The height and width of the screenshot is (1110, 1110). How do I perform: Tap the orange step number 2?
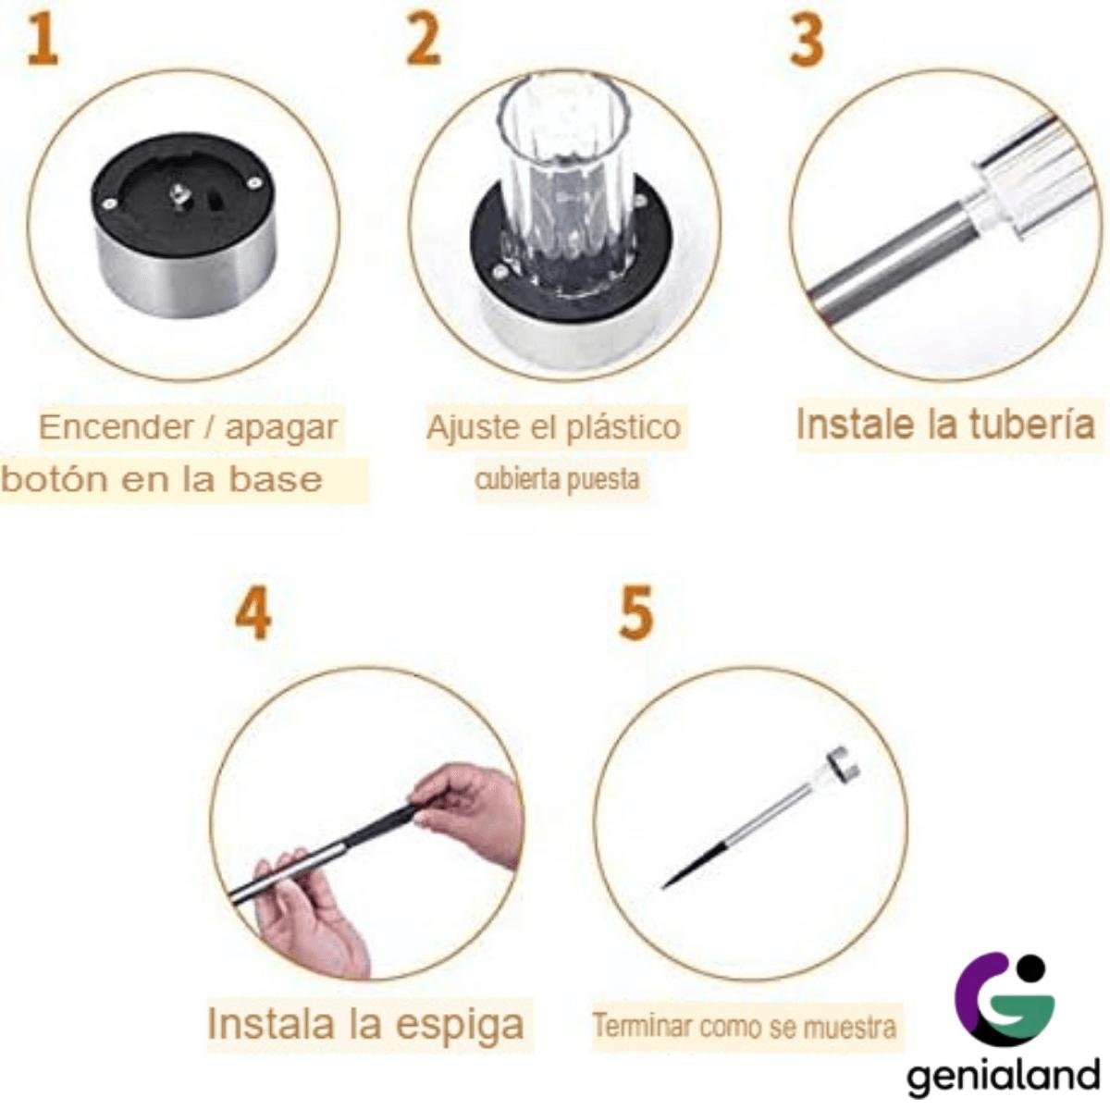click(x=424, y=41)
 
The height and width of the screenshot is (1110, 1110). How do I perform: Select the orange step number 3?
click(x=807, y=41)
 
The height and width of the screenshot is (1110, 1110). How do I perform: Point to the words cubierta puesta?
click(x=557, y=479)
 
